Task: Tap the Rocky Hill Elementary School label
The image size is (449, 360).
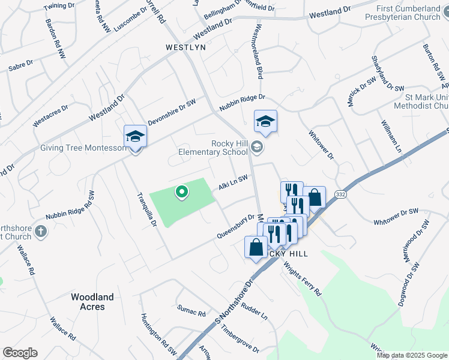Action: tap(213, 147)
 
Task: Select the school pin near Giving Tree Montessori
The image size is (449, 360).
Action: tap(135, 138)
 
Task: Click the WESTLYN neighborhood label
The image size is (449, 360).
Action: tap(186, 47)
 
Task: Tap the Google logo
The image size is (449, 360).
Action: tap(20, 352)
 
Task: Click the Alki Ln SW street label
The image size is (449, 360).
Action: tap(233, 182)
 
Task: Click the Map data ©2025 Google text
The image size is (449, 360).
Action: tap(411, 355)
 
